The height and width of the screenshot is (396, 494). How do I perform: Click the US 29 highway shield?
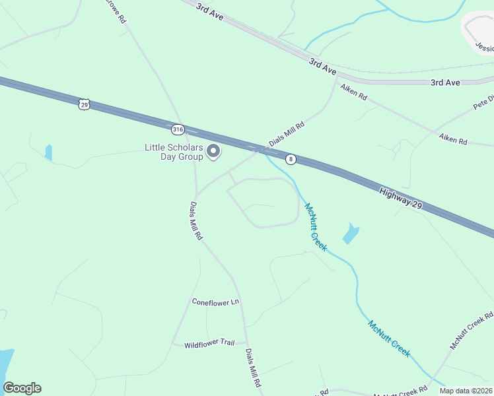83,104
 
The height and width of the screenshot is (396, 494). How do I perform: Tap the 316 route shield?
177,129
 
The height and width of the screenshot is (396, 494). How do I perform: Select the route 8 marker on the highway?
291,159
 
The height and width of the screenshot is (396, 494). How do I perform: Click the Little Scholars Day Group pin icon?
213,152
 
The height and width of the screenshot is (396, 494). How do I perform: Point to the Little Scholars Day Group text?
174,152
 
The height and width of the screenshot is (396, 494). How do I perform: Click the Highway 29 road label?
400,198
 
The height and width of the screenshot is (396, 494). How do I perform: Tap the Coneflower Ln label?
215,302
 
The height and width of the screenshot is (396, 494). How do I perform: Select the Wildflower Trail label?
209,344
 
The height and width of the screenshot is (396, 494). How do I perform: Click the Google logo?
22,388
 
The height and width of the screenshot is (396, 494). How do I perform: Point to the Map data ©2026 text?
466,391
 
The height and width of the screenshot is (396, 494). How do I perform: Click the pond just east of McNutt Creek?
350,233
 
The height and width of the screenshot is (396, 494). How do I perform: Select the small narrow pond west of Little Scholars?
48,152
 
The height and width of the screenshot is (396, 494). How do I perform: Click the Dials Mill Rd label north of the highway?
286,134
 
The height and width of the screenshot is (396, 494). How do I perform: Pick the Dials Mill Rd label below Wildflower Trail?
254,367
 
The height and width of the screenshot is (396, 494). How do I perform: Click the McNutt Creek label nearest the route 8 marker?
315,226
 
